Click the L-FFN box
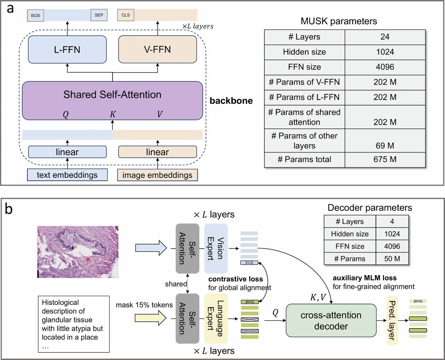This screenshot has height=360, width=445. coord(67,49)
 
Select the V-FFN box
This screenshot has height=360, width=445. coord(157,49)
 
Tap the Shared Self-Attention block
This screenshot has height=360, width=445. coord(112,100)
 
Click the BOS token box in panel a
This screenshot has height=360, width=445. coord(35,15)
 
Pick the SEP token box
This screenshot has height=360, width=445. coord(99,15)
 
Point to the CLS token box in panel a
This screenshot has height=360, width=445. coord(126,15)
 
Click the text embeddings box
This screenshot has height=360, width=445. coord(67,175)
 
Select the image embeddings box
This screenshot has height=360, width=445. coord(157,175)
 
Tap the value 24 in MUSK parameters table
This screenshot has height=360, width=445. coord(385,37)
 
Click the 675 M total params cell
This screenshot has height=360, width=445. coord(385,159)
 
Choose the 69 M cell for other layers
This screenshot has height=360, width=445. coord(385,145)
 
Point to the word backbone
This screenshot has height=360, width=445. coord(231,100)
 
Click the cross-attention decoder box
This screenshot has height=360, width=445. coord(331,321)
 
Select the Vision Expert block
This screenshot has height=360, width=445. coord(216,248)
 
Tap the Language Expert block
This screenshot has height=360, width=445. coord(216,318)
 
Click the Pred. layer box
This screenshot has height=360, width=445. coord(392,320)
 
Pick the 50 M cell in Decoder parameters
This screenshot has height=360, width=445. coord(392,259)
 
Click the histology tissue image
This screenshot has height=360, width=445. coord(78,252)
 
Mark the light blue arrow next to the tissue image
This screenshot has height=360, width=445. coord(151,248)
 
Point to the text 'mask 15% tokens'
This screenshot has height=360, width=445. coord(144,305)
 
